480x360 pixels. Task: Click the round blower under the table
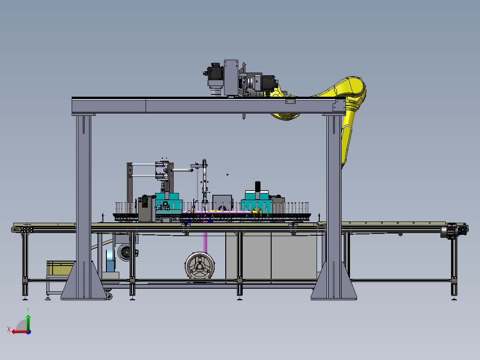pyautogui.click(x=199, y=266)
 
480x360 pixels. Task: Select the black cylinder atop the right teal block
pyautogui.click(x=258, y=186)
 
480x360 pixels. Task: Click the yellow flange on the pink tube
pyautogui.click(x=256, y=211)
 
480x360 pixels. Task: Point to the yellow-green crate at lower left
pyautogui.click(x=61, y=268)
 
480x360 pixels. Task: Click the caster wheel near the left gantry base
pyautogui.click(x=109, y=296)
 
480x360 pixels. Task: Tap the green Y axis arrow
pyautogui.click(x=28, y=322)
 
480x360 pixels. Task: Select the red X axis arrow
pyautogui.click(x=20, y=331)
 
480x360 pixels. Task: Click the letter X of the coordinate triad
pyautogui.click(x=9, y=329)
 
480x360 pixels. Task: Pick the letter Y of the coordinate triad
pyautogui.click(x=28, y=310)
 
